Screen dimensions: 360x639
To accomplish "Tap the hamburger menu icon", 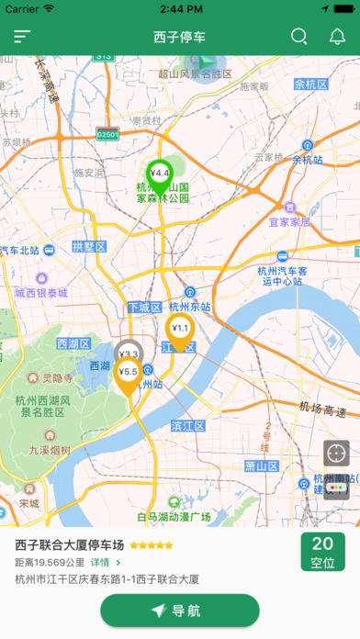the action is [22, 37].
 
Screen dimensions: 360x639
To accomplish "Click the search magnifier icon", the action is [299, 37].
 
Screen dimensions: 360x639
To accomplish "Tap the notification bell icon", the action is [337, 37].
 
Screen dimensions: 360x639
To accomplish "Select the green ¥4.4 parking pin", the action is [160, 174].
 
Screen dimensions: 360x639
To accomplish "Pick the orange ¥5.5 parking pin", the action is [128, 374].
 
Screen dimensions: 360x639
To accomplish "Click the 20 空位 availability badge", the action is [322, 552].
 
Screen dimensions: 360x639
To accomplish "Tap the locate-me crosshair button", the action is [336, 453].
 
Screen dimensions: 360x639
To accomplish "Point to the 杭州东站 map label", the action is [190, 307].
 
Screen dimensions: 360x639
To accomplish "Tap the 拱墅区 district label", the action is [89, 247].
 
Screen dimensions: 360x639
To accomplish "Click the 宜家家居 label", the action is [289, 221].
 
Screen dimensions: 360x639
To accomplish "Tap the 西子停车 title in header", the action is [180, 37].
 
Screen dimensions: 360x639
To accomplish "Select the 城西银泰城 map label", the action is [41, 293].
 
